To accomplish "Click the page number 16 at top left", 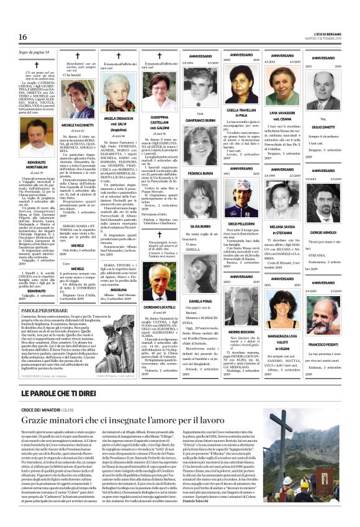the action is coord(14,38).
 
